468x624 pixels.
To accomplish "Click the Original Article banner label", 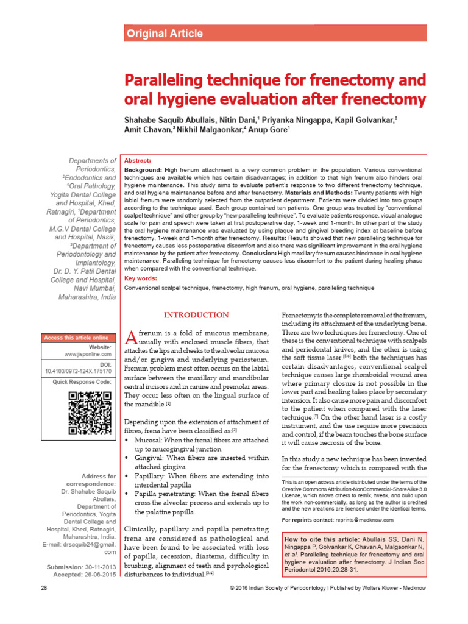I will tap(163, 34).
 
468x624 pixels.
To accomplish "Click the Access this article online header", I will tap(76, 338).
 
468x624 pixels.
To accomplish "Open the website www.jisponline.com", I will tap(88, 353).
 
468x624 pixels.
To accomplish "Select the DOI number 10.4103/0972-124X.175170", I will tap(79, 370).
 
